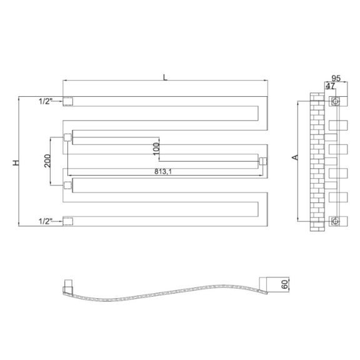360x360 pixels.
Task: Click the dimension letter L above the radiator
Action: pyautogui.click(x=165, y=77)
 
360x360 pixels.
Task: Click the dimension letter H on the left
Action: pyautogui.click(x=16, y=162)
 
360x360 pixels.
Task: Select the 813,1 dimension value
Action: pyautogui.click(x=163, y=171)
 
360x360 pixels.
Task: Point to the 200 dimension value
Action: pyautogui.click(x=47, y=161)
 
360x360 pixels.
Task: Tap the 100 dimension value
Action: pyautogui.click(x=156, y=149)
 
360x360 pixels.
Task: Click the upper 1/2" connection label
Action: pyautogui.click(x=46, y=101)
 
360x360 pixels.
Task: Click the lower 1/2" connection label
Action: pyautogui.click(x=46, y=221)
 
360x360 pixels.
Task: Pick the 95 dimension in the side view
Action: pyautogui.click(x=336, y=78)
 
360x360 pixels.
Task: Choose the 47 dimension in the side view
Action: pyautogui.click(x=331, y=86)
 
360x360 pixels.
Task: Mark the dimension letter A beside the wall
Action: pyautogui.click(x=295, y=157)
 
